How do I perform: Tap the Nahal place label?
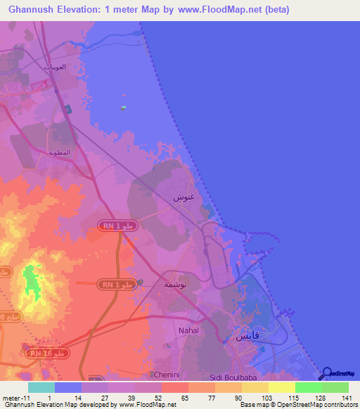[x=188, y=330]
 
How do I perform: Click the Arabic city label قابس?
[x=246, y=336]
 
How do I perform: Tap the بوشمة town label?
[x=174, y=284]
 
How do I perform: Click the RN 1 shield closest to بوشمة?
[x=117, y=283]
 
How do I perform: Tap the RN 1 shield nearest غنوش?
[x=117, y=226]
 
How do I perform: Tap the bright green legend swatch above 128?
[x=308, y=387]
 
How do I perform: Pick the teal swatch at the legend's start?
[x=41, y=387]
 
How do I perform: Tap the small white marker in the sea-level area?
[x=123, y=108]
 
